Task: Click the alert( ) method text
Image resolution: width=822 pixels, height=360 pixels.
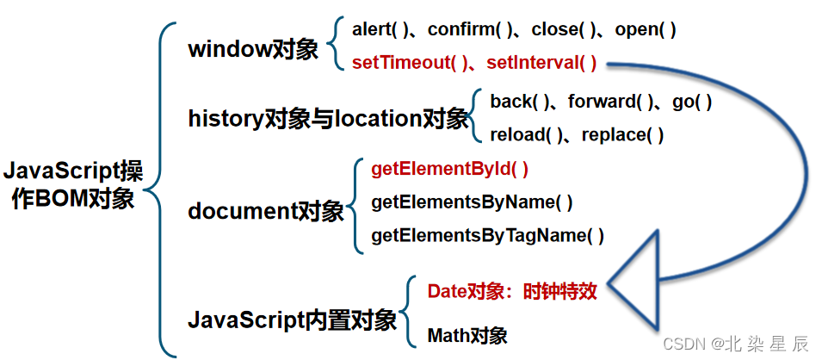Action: tap(378, 29)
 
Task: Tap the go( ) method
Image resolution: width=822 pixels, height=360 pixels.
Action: tap(692, 102)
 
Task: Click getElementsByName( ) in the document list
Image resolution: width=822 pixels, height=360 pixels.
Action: tap(472, 202)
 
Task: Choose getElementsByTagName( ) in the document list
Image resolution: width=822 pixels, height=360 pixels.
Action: tap(487, 235)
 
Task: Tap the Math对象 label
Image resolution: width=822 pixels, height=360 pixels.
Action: tap(467, 335)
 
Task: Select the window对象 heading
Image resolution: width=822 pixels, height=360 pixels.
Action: tap(244, 48)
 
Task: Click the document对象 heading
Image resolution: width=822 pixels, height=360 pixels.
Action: tap(266, 211)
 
